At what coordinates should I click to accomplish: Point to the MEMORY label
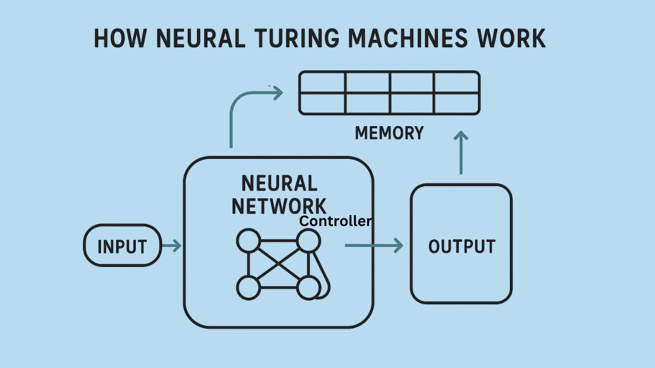point(389,133)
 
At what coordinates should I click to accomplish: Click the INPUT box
point(122,246)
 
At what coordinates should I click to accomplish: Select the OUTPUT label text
point(461,246)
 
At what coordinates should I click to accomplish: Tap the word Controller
point(336,221)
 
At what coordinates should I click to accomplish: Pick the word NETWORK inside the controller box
point(279,206)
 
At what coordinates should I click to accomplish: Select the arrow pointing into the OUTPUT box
point(374,246)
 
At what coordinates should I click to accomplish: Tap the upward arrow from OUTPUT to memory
point(462,153)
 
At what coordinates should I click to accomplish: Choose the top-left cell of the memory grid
point(323,82)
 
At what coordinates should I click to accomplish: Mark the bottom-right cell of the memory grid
point(457,103)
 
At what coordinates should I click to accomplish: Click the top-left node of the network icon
point(248,241)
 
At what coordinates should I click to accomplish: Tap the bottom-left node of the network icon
point(248,287)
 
